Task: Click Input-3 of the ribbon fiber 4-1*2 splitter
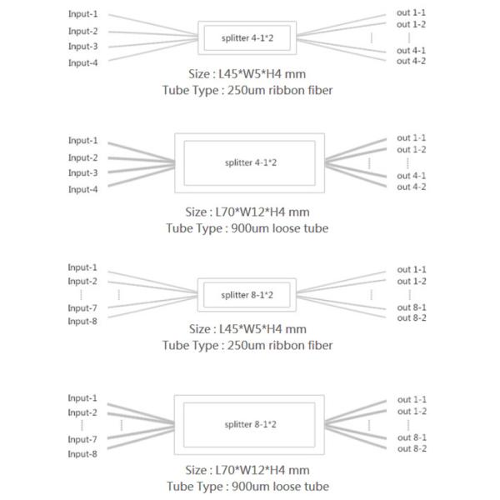[82, 47]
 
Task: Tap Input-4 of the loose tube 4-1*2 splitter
[82, 190]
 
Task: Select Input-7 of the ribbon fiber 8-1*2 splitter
[82, 308]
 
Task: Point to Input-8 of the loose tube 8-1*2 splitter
[82, 454]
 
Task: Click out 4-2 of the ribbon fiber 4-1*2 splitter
[412, 62]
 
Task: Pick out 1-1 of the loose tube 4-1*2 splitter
[412, 137]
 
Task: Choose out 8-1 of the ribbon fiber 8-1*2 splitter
[412, 307]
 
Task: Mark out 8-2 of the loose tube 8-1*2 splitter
[412, 449]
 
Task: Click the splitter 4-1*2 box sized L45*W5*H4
[247, 37]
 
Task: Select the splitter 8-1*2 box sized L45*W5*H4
[247, 294]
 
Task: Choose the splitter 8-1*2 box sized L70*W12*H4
[247, 425]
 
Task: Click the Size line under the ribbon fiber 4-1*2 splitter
[247, 72]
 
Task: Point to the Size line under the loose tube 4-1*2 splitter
[247, 212]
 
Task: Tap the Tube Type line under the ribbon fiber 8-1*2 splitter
[247, 345]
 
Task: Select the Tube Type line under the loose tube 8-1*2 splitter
[247, 487]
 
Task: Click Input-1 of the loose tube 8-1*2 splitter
[82, 398]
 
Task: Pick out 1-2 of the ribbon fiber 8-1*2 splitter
[412, 281]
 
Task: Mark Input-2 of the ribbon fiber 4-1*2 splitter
[82, 32]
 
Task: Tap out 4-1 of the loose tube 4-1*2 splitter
[412, 176]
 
